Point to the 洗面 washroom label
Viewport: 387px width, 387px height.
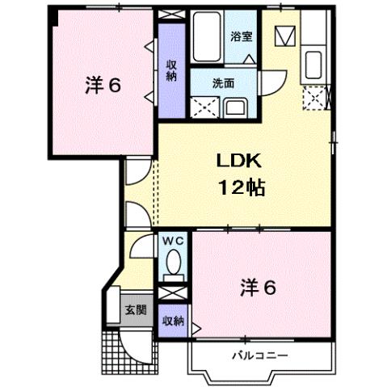[x=223, y=82]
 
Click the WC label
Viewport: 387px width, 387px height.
[x=173, y=240]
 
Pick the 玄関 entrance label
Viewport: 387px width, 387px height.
[x=134, y=309]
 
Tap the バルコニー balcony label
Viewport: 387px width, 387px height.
[x=260, y=355]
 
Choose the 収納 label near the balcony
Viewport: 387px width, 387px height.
[x=172, y=320]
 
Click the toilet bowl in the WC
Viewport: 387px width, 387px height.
[x=173, y=263]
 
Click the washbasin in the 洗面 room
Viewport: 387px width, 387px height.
[x=238, y=107]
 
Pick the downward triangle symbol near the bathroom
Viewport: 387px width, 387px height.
[x=284, y=37]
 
